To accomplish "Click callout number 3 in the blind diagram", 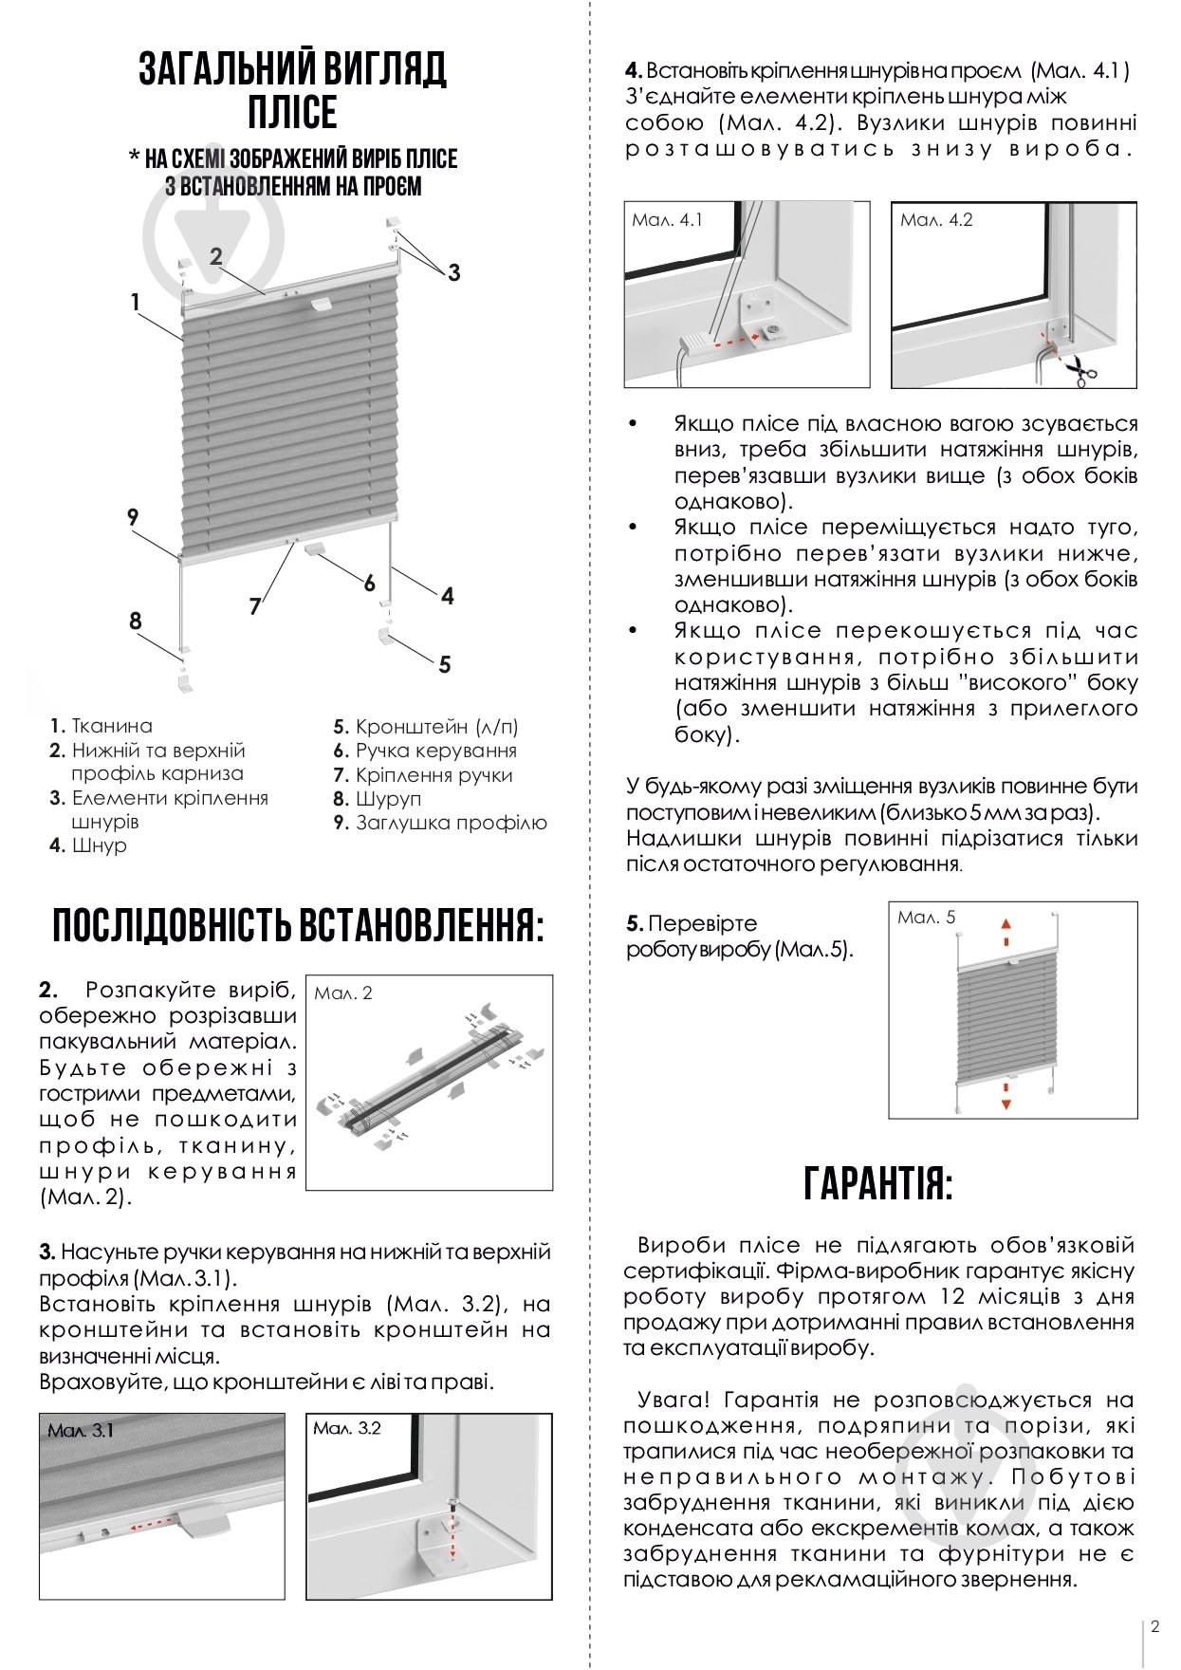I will click(x=453, y=272).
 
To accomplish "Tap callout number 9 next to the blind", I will click(x=133, y=517).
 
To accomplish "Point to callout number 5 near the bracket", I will click(x=444, y=664).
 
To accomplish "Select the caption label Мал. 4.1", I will click(x=668, y=220).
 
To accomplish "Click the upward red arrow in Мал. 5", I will click(x=1006, y=926).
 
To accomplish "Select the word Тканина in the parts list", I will click(x=112, y=726).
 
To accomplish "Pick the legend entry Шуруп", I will click(x=388, y=799).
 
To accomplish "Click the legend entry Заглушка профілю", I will click(x=451, y=823).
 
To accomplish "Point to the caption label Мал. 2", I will click(x=343, y=993).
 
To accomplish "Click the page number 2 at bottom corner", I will click(x=1154, y=1626).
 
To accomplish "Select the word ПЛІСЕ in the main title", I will click(x=292, y=113).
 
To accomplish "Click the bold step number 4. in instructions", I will click(x=634, y=70).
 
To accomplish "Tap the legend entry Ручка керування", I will click(x=435, y=751).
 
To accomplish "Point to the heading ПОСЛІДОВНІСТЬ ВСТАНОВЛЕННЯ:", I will click(x=299, y=925).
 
